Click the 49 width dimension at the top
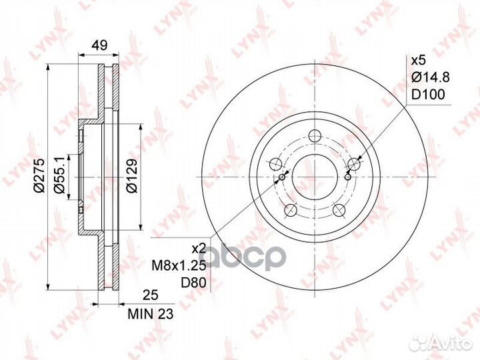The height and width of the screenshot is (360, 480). point(99,46)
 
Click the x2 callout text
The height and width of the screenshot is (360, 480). point(199,248)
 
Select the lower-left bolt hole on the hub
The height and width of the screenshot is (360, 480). point(290,211)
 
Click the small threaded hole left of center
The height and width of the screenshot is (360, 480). point(283,177)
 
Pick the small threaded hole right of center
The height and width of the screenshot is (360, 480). point(347,177)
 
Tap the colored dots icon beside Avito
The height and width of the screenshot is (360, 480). point(420,343)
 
